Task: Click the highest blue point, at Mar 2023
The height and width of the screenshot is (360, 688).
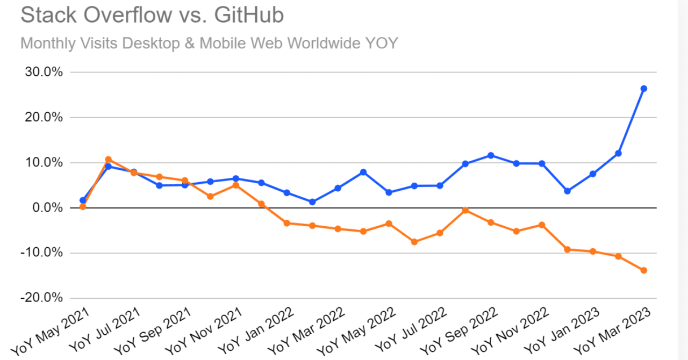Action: coord(643,89)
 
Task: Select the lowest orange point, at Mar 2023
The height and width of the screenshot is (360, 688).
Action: coord(643,270)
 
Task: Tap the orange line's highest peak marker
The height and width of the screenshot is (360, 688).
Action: coord(108,160)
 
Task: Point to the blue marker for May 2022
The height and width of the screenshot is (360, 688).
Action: coord(389,192)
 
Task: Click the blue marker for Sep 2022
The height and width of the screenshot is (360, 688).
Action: coord(491,155)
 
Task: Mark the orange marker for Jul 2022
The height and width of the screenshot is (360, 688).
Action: coord(440,233)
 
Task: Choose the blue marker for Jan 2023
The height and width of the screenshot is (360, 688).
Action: coord(592,174)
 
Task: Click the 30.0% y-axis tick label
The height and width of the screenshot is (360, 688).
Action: coord(44,72)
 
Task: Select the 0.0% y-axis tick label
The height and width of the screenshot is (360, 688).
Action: coord(48,208)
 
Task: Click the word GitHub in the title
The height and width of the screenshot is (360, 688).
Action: coord(248,15)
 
